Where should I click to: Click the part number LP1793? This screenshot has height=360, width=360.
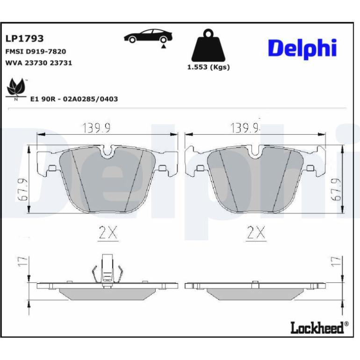click(x=24, y=38)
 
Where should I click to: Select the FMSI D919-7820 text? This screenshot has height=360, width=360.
click(x=36, y=51)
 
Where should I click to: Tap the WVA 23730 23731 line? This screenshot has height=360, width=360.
click(x=38, y=63)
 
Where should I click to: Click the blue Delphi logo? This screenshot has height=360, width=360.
click(x=302, y=49)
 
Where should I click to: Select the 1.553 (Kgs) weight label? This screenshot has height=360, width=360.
click(x=209, y=67)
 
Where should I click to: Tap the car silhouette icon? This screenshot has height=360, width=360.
click(x=148, y=36)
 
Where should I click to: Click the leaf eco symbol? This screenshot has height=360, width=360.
click(x=16, y=88)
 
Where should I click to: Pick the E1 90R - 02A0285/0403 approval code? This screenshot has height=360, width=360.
click(x=74, y=99)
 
